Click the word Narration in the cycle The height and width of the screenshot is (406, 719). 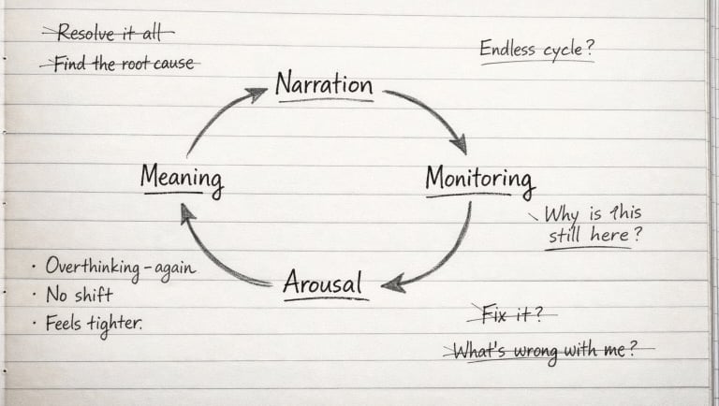click(x=324, y=85)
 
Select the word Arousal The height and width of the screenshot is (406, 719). click(x=323, y=282)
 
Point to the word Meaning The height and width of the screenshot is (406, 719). click(x=182, y=178)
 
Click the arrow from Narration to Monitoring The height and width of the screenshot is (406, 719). click(x=432, y=115)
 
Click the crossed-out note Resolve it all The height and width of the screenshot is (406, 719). click(x=108, y=33)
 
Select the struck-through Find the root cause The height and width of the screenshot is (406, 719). click(x=120, y=64)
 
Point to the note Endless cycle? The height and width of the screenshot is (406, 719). click(x=536, y=49)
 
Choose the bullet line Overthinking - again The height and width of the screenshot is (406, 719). click(x=119, y=267)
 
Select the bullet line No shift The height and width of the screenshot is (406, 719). click(x=81, y=296)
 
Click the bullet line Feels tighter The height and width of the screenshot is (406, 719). click(x=94, y=324)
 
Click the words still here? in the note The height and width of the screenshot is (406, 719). click(x=595, y=235)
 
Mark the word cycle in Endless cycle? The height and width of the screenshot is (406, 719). click(x=567, y=50)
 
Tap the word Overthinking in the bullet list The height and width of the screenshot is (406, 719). click(x=88, y=267)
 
